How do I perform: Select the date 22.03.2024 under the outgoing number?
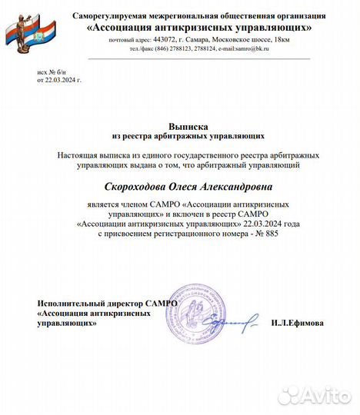[62, 79]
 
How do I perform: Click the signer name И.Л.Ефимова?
[297, 323]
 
